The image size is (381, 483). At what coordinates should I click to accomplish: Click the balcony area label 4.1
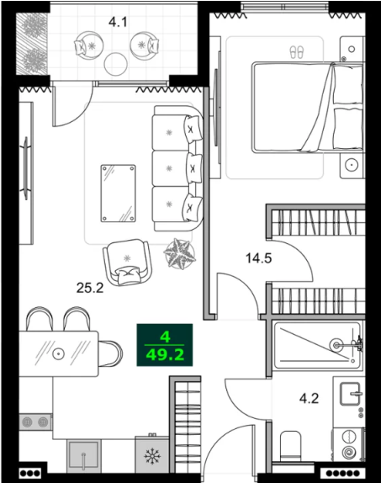point(118,22)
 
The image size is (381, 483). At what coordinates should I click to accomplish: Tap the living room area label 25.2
point(90,288)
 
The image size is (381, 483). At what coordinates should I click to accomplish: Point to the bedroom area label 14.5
point(259,257)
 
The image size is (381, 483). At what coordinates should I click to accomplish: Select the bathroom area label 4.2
point(309,399)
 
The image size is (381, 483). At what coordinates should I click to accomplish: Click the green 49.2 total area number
point(165,355)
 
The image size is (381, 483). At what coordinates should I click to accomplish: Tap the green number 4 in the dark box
point(165,337)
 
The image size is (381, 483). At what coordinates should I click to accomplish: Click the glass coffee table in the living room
point(119,194)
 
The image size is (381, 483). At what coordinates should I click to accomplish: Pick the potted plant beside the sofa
point(179,254)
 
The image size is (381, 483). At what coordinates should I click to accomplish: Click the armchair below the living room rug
point(127,262)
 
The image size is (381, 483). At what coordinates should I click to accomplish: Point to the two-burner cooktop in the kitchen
point(35,422)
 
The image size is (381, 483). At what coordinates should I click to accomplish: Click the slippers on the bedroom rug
point(297,52)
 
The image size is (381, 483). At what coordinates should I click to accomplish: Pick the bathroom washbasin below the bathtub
point(350,394)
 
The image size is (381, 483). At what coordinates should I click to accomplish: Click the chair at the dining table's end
point(110,353)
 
